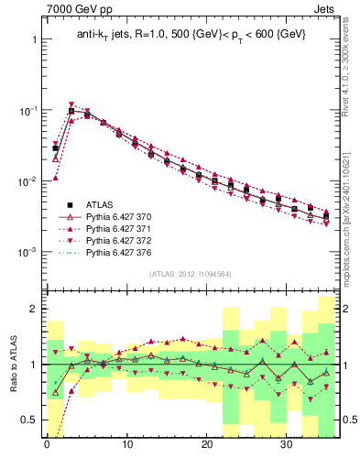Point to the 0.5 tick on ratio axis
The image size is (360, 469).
(x=27, y=420)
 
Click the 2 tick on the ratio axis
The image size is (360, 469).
(x=32, y=310)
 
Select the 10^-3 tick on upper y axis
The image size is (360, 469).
(x=25, y=251)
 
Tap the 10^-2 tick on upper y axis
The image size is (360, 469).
(x=25, y=181)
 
